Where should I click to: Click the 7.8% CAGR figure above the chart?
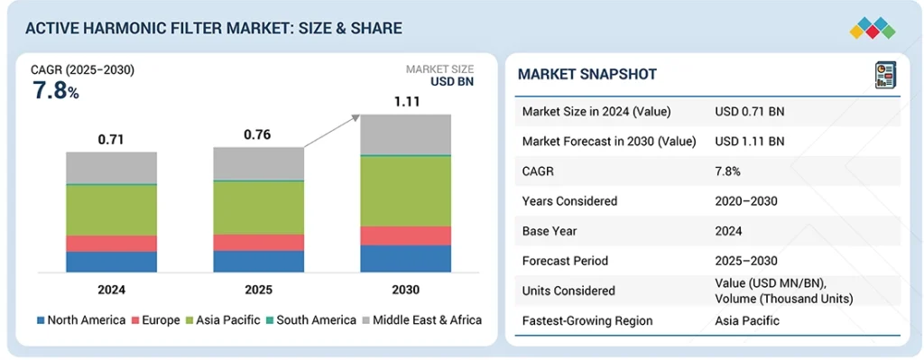coord(55,90)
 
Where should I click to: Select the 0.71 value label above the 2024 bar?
coord(111,140)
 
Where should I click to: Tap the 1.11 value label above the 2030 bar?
coord(405,102)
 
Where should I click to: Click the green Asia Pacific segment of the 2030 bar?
coord(405,190)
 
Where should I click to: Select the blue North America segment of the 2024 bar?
coord(111,262)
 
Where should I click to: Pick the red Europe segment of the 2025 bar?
coord(258,242)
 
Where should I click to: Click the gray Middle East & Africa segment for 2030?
coord(405,134)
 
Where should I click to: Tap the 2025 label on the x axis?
coord(258,290)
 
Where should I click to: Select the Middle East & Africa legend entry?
coord(421,319)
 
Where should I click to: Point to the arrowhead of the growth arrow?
coord(356,116)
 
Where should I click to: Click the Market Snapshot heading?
coord(587,74)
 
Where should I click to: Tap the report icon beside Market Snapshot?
coord(883,76)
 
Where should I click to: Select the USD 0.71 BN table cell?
coord(749,111)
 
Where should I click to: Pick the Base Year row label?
coord(550,231)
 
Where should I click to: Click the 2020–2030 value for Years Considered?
coord(745,201)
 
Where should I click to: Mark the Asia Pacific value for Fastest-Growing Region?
coord(747,320)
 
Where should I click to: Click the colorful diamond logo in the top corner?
coord(872,29)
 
